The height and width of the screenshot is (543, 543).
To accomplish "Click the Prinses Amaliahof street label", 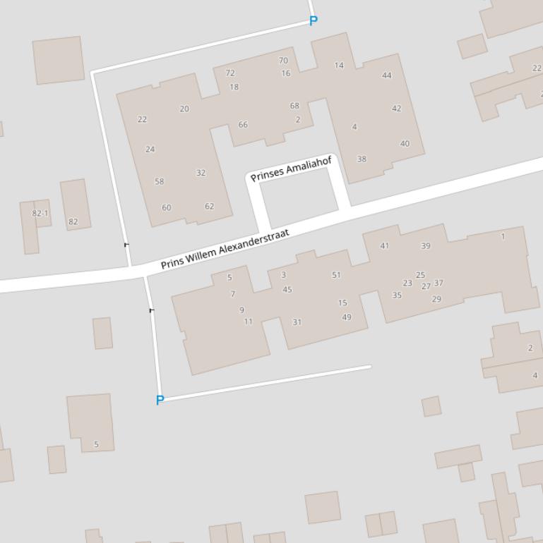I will coord(291,169).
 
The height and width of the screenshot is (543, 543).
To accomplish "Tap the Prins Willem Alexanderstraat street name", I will coord(225,249).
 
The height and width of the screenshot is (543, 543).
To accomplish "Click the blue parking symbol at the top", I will coord(314,20).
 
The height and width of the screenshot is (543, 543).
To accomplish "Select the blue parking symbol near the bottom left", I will coord(160,401).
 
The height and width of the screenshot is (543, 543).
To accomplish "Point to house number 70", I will coord(283,61).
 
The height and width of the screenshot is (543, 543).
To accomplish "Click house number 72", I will coord(230,73).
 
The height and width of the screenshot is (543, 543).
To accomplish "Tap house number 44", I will coord(386,75).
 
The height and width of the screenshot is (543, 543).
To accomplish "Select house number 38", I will coord(362,159).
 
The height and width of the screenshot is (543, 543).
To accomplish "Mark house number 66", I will coord(243,125).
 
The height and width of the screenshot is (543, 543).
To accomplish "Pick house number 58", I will coord(159,181).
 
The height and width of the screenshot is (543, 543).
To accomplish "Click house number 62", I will coord(209,207).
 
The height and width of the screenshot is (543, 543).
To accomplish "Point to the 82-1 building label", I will coord(40,213).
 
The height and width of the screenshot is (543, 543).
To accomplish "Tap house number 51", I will coord(336,275).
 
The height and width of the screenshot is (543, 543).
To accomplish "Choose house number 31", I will coord(297,322).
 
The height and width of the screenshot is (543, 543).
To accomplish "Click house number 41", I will coord(384,246).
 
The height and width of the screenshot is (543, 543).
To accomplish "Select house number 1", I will coord(503,237).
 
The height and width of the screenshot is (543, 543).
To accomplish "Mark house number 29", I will coord(436,299).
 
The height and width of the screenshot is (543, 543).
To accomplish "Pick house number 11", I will coord(248,322).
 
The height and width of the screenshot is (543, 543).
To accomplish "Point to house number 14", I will coord(339,66).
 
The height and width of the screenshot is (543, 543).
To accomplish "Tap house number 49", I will coord(347,317).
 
